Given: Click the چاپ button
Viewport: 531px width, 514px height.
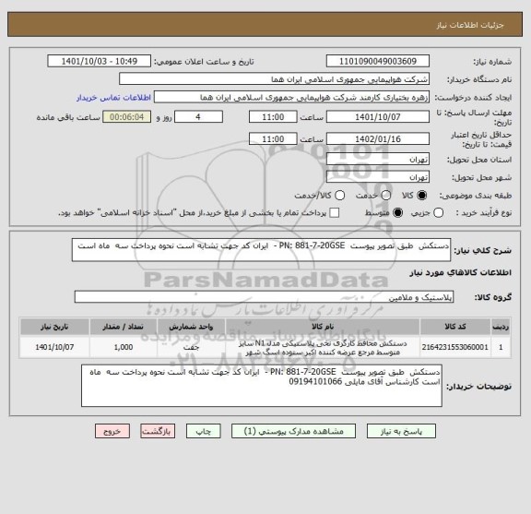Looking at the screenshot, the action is [201, 431].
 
